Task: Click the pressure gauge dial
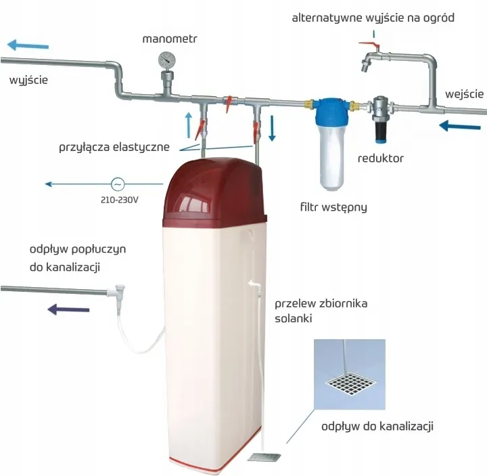pos(167,60)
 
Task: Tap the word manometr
pos(170,39)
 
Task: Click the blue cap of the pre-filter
pos(331,111)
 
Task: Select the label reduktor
pos(380,158)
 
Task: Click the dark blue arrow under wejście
pos(460,126)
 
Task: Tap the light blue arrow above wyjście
pos(28,45)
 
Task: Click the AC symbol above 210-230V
pos(118,184)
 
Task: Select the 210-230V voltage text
pos(119,200)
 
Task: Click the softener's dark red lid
pos(214,193)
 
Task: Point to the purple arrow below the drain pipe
pos(68,309)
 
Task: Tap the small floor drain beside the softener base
pos(264,457)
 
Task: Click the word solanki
pos(293,318)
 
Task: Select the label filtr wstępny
pos(333,207)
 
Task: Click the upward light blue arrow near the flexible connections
pos(189,125)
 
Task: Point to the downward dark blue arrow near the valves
pos(272,128)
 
